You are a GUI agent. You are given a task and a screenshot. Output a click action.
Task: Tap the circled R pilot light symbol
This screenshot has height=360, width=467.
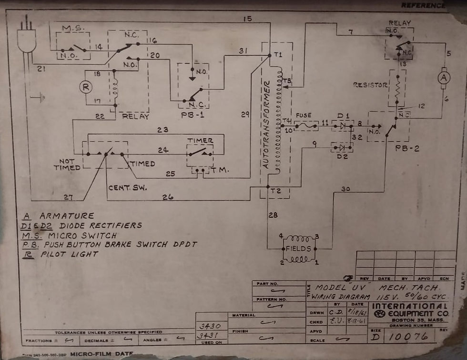(86, 87)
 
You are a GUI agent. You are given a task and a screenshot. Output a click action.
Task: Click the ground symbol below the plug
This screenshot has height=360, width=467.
(38, 99)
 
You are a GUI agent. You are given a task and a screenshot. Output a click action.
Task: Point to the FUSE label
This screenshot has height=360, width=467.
(304, 116)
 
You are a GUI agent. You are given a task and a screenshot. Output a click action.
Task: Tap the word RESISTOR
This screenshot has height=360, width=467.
(370, 85)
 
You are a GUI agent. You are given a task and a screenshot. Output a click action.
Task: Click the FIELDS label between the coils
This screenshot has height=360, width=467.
(298, 249)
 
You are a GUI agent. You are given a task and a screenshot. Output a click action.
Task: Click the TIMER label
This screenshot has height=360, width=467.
(200, 140)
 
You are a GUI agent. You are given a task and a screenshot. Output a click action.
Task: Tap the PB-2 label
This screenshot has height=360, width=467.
(407, 149)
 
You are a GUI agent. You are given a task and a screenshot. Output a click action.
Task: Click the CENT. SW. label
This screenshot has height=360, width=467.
(127, 187)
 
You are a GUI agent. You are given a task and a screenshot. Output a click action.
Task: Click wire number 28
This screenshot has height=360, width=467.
(272, 216)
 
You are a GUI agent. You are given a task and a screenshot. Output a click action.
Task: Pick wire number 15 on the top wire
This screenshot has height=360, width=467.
(247, 20)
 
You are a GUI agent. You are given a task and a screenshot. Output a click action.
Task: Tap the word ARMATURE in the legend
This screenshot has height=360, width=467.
(67, 216)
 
